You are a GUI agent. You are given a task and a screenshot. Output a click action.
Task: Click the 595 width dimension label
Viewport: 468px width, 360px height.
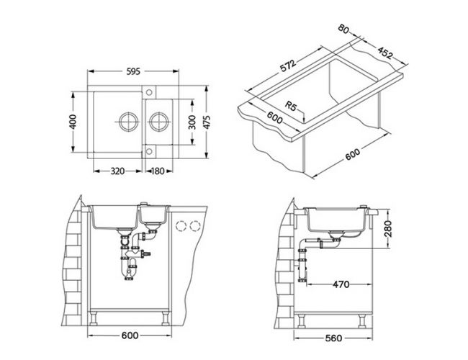(x=133, y=72)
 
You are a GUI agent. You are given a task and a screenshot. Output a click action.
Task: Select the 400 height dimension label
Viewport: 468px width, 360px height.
(x=73, y=122)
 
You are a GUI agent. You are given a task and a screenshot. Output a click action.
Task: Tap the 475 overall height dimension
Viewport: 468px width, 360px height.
(x=207, y=122)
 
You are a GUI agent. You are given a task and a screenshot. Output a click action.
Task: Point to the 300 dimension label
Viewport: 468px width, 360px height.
(x=192, y=122)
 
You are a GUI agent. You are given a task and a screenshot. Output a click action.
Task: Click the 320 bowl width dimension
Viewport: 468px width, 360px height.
(x=117, y=171)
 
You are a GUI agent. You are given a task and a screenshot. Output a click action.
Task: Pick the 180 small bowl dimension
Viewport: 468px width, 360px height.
(x=158, y=171)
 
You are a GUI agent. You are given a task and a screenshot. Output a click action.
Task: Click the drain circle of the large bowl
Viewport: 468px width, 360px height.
(x=129, y=122)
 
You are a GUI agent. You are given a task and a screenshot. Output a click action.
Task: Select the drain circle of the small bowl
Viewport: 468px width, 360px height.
(x=159, y=122)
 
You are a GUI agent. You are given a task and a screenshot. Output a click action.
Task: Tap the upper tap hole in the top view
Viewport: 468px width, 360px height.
(x=149, y=92)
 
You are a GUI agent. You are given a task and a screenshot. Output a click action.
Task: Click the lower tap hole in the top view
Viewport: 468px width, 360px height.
(x=149, y=152)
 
